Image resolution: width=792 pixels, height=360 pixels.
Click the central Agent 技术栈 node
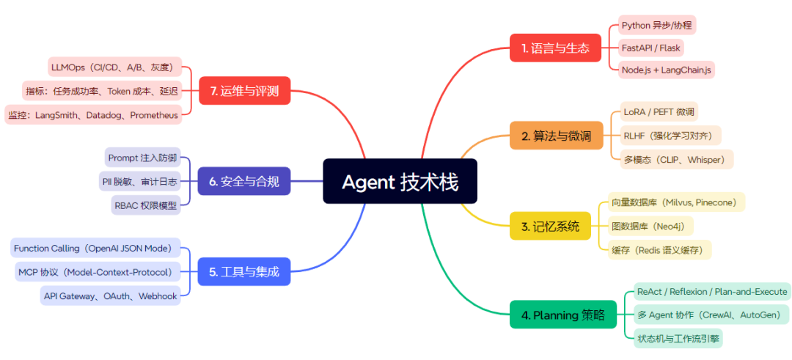click(x=400, y=181)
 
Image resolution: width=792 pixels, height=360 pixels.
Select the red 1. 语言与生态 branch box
click(x=555, y=48)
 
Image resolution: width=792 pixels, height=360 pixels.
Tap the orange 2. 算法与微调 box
click(x=556, y=136)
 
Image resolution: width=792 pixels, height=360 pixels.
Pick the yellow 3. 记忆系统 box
click(x=550, y=226)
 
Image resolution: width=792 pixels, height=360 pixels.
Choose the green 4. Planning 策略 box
click(x=563, y=315)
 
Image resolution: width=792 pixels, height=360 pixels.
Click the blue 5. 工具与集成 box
click(x=244, y=271)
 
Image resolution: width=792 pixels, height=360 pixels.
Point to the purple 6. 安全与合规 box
click(x=244, y=181)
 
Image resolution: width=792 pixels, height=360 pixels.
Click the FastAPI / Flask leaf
click(x=651, y=48)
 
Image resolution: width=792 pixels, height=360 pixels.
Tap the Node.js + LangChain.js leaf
click(x=667, y=70)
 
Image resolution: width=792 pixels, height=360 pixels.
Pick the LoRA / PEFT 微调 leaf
click(x=658, y=112)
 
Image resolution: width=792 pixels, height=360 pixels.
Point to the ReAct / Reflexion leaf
click(x=712, y=292)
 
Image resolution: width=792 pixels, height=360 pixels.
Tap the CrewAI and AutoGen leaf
click(x=711, y=315)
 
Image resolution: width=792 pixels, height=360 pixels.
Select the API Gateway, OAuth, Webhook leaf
click(x=111, y=295)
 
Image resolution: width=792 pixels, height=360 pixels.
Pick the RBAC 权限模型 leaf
click(x=146, y=205)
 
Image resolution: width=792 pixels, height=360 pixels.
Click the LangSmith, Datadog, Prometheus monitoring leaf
click(x=92, y=115)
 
